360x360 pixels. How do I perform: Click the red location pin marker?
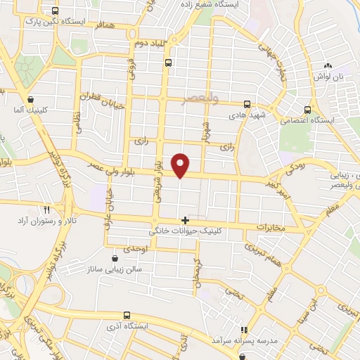[181, 165]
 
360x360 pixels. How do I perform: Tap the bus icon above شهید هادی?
[246, 103]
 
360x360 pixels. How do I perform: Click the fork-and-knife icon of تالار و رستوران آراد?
[47, 210]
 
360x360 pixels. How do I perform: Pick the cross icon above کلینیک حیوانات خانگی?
[185, 220]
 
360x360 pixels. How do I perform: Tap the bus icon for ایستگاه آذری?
[127, 315]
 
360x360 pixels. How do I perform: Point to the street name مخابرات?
[270, 228]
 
